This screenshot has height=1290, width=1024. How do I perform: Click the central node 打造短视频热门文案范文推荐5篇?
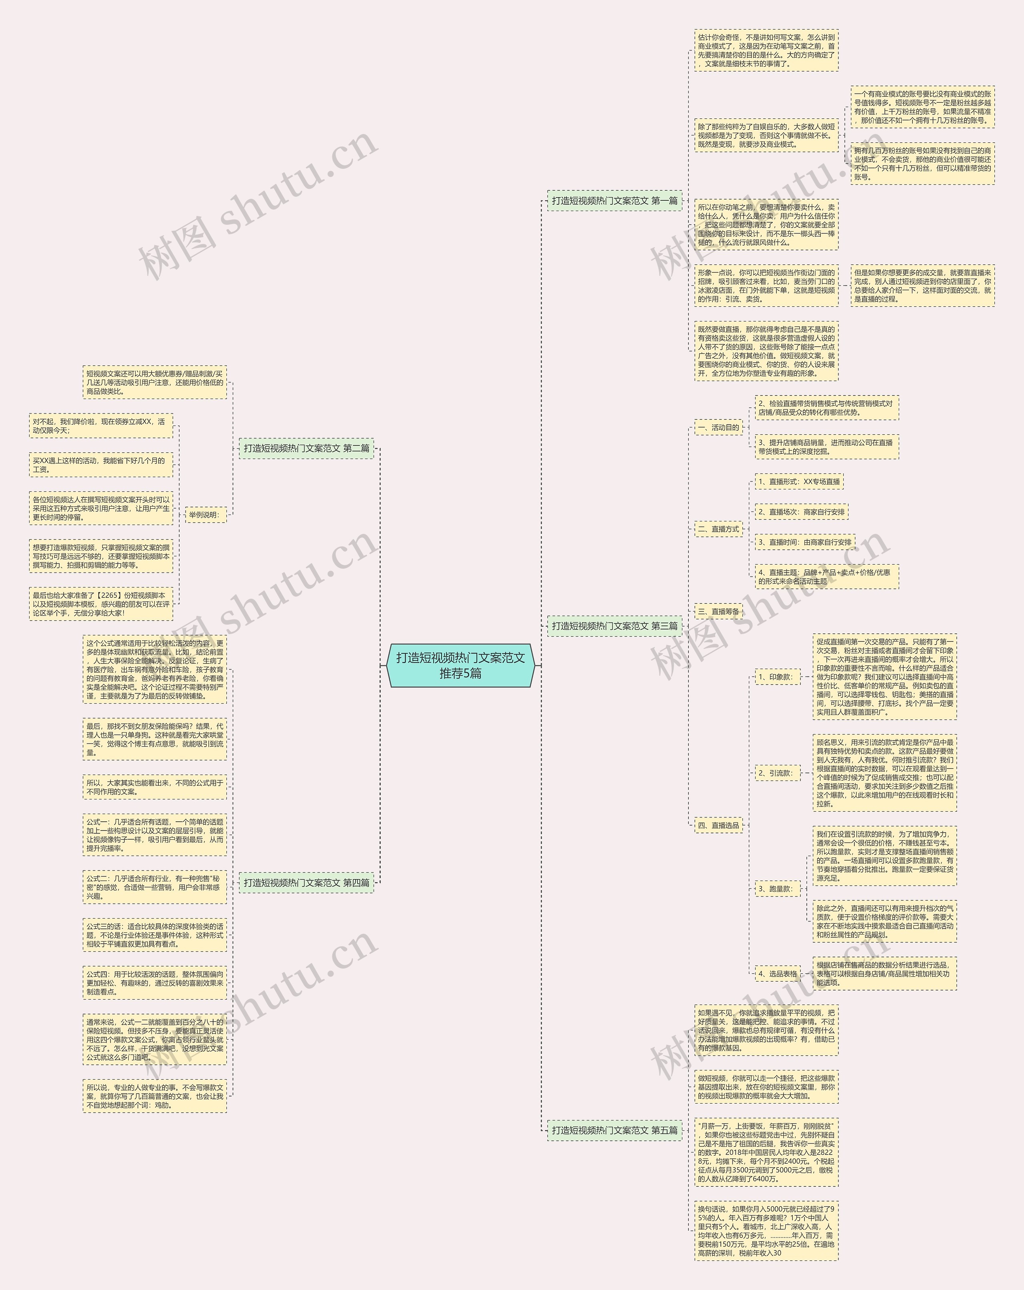click(460, 665)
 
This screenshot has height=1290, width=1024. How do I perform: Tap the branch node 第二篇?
click(306, 448)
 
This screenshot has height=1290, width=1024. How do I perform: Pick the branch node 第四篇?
click(306, 883)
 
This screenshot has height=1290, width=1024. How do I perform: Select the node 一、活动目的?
click(718, 427)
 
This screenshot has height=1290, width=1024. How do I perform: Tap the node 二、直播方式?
click(718, 529)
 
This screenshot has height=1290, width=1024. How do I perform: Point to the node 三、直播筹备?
click(718, 611)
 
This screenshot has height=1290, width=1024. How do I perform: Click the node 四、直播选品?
click(718, 825)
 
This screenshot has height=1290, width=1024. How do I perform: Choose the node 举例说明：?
click(205, 515)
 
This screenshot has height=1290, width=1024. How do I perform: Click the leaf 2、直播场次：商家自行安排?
click(801, 512)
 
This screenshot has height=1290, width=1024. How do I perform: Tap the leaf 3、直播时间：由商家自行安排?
click(805, 542)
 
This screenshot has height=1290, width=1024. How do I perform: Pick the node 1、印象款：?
click(777, 677)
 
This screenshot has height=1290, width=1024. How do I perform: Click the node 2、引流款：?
click(777, 773)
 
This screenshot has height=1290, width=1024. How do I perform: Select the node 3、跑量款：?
click(777, 889)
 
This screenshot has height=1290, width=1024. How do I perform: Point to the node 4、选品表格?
click(778, 973)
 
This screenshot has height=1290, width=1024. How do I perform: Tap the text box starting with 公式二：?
click(154, 887)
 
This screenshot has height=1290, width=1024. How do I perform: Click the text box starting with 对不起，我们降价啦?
click(100, 425)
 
